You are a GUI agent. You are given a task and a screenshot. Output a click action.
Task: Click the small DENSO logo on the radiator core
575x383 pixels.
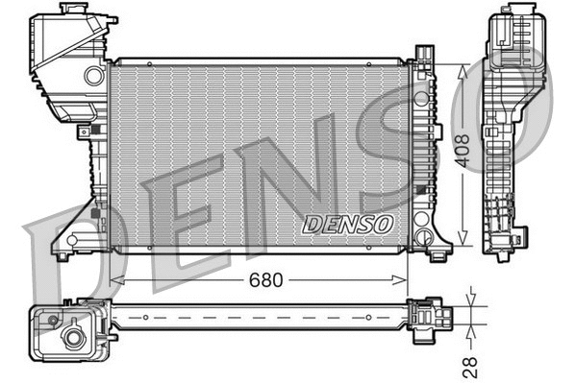tap(348, 225)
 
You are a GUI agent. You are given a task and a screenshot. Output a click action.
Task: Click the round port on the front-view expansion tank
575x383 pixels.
tap(94, 74)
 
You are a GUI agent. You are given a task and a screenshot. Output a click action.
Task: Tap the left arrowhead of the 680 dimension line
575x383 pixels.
tap(117, 280)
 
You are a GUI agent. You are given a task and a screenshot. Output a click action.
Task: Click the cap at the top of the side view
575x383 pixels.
tap(507, 12)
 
